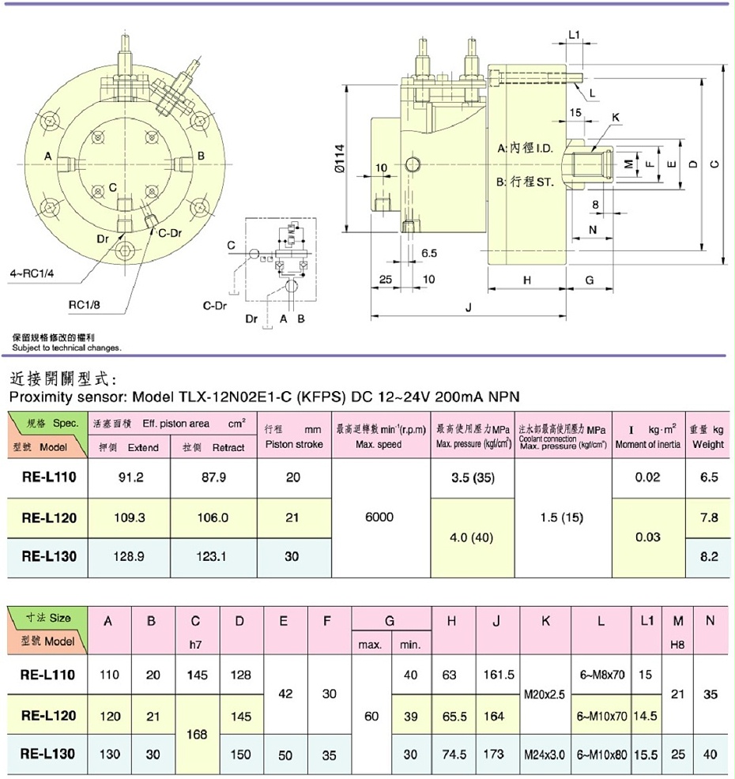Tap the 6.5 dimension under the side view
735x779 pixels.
(x=429, y=254)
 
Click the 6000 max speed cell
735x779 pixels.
(x=381, y=517)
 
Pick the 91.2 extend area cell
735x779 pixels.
(x=129, y=478)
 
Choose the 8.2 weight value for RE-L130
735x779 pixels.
(x=709, y=556)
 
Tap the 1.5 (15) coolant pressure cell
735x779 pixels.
(x=563, y=517)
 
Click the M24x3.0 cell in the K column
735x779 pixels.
(x=545, y=755)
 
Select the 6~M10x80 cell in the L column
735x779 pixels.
(x=601, y=755)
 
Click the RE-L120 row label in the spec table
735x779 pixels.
(x=49, y=517)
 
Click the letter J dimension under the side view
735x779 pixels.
(x=469, y=309)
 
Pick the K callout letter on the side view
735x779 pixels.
(x=616, y=117)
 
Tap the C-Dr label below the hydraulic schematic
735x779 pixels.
(x=216, y=303)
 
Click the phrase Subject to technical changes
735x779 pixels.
(x=67, y=348)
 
